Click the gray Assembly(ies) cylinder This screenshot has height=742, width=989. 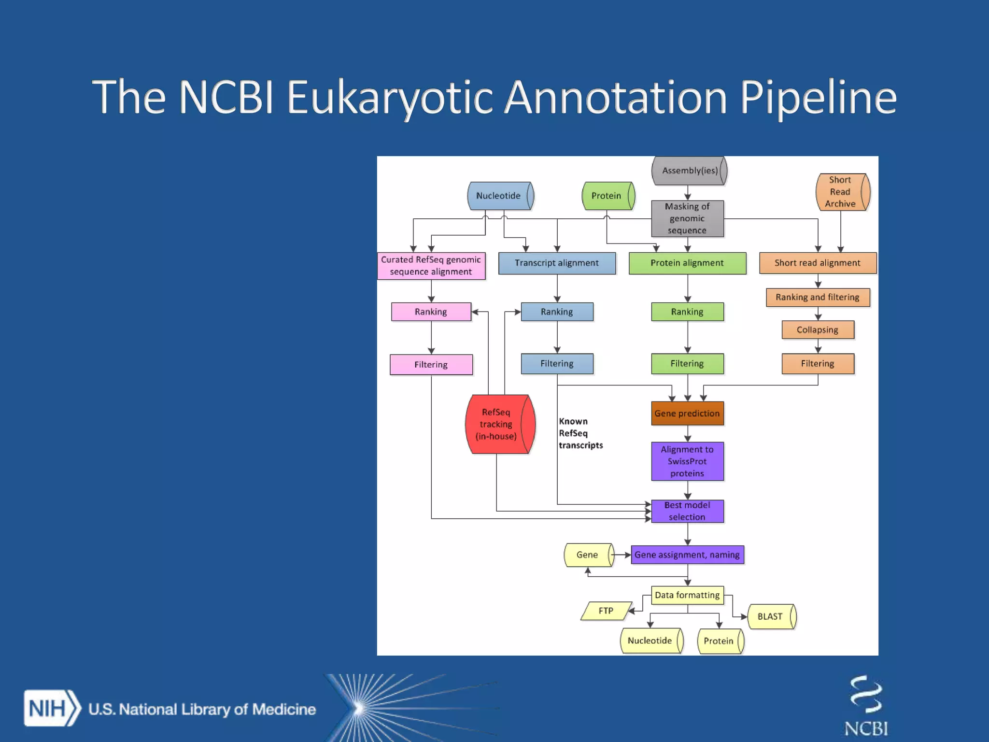point(689,171)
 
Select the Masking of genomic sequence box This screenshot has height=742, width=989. point(687,218)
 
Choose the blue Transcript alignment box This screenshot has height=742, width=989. point(557,263)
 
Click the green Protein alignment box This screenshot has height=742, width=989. point(687,263)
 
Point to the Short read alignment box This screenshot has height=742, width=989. point(818,263)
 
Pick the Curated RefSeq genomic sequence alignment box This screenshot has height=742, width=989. point(431,266)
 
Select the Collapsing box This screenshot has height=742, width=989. point(818,330)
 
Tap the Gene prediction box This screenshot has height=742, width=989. point(687,414)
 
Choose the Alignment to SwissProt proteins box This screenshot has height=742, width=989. point(687,461)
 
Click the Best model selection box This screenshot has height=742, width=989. point(687,511)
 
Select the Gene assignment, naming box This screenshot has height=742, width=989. point(687,555)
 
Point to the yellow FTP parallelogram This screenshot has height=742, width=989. point(606,611)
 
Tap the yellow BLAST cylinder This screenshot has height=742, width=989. point(771,616)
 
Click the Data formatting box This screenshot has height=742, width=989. point(687,595)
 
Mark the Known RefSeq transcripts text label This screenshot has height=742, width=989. point(580,433)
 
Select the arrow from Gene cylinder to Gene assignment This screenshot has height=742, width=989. point(622,555)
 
